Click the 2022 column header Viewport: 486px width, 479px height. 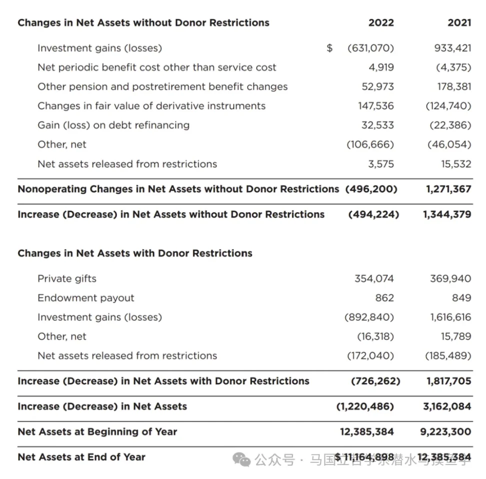(x=381, y=23)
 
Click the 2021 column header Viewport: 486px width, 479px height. (x=459, y=23)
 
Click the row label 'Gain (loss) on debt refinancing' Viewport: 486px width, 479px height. (x=113, y=125)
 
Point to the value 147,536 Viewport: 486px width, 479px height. (x=375, y=106)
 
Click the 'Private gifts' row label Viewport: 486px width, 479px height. (x=67, y=279)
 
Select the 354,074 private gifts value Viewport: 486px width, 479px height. (x=374, y=279)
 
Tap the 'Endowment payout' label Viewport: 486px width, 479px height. (x=86, y=298)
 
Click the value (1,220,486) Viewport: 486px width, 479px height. (x=365, y=406)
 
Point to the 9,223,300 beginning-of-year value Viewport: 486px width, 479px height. (x=445, y=431)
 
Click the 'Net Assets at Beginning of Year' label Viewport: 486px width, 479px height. (x=97, y=431)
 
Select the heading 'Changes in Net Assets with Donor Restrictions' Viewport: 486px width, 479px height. (x=135, y=253)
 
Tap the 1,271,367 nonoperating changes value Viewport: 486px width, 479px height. (x=448, y=189)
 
